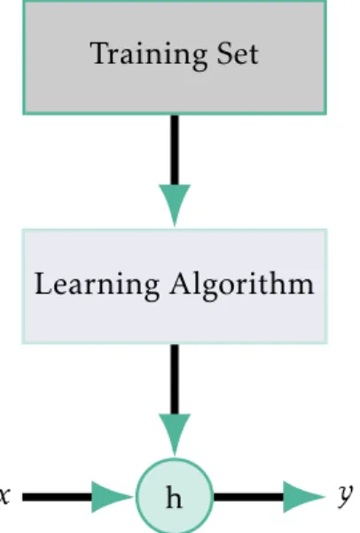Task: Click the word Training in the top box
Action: pyautogui.click(x=149, y=55)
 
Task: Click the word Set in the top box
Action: pyautogui.click(x=238, y=53)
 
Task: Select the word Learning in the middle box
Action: pyautogui.click(x=97, y=286)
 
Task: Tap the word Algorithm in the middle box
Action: pyautogui.click(x=242, y=286)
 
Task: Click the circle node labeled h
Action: pyautogui.click(x=175, y=497)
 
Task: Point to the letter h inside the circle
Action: pyautogui.click(x=174, y=497)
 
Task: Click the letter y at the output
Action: pyautogui.click(x=346, y=495)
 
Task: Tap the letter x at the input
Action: pyautogui.click(x=4, y=496)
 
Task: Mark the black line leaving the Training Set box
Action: pyautogui.click(x=175, y=150)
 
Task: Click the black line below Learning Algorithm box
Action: pyautogui.click(x=175, y=380)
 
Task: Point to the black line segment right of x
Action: pyautogui.click(x=58, y=497)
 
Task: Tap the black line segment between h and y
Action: pyautogui.click(x=249, y=497)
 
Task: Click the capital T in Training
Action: pyautogui.click(x=101, y=53)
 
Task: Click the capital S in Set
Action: pyautogui.click(x=224, y=53)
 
